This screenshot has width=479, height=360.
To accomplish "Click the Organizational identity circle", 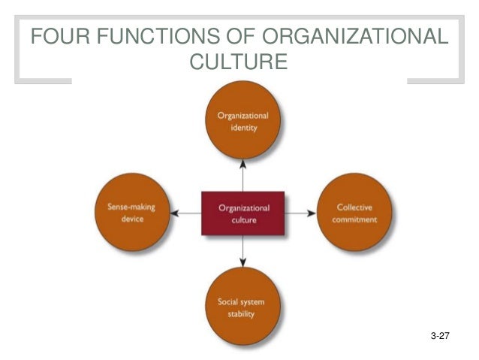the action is [243, 122].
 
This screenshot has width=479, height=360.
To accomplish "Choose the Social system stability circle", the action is [243, 305].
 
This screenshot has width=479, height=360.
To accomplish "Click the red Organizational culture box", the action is [243, 213].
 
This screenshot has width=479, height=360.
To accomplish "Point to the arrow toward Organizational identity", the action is [243, 174].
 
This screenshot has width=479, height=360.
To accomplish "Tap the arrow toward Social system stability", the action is [243, 252].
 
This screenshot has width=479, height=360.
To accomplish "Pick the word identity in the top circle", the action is [243, 128].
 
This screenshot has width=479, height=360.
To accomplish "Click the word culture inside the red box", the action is [243, 220].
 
